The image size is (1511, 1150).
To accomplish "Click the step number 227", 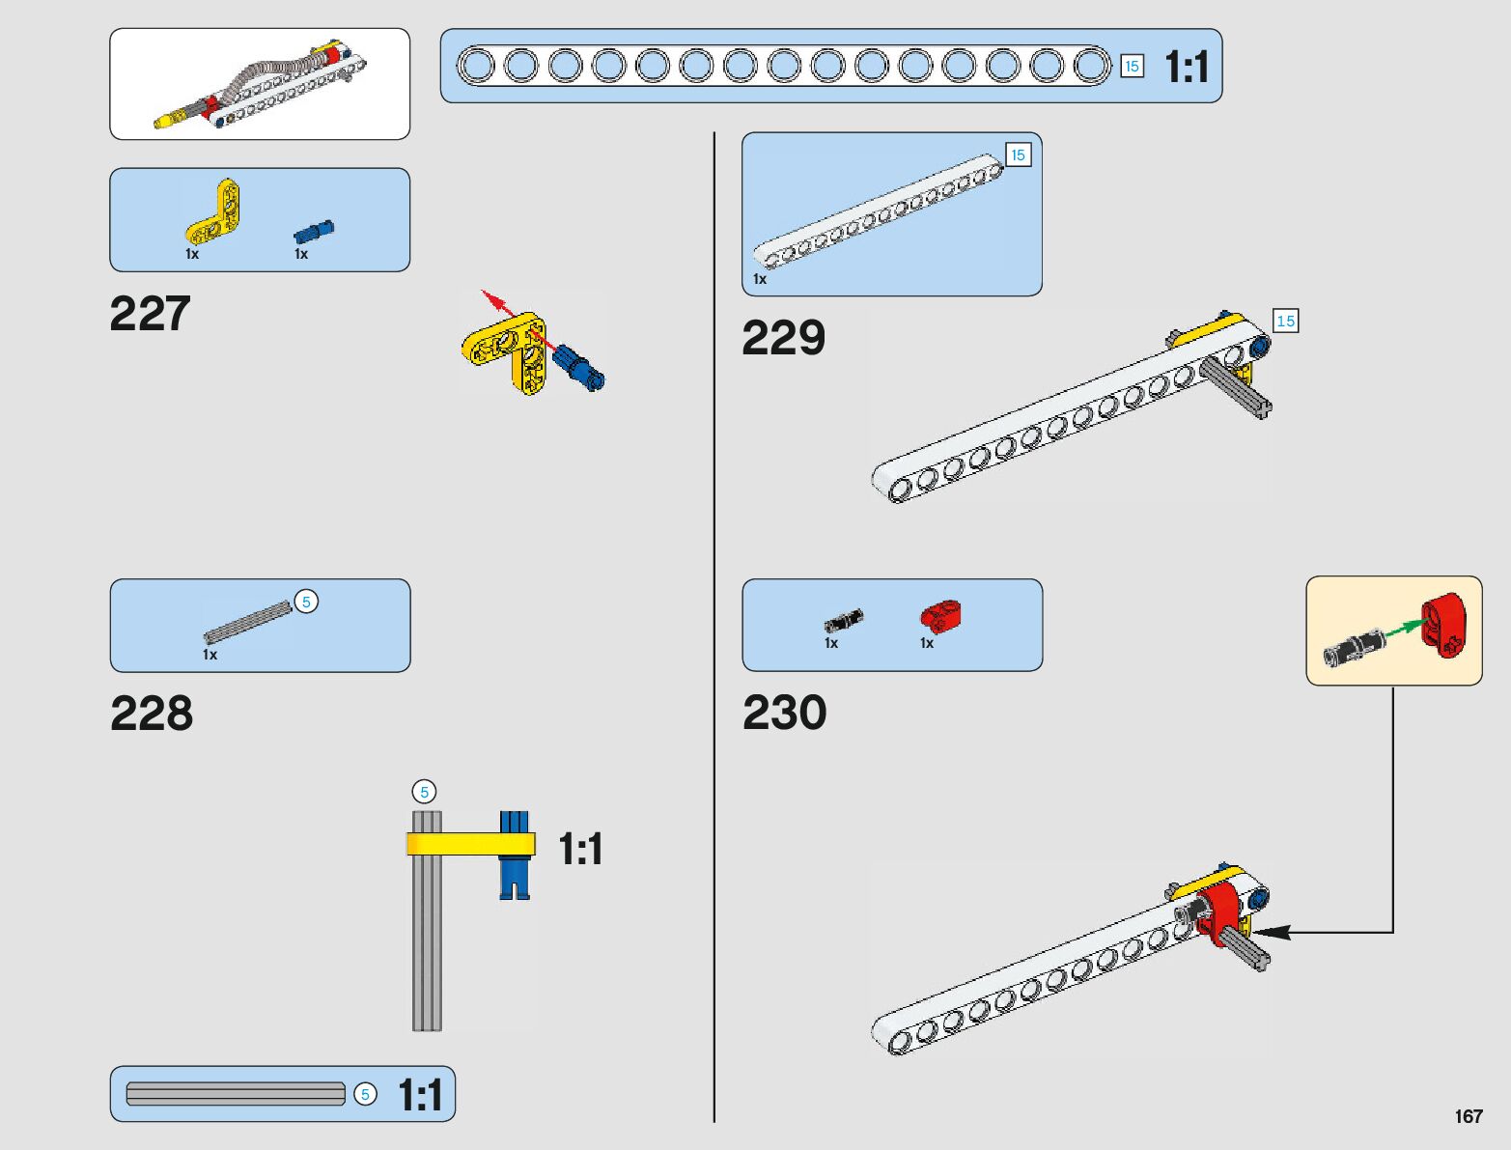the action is point(150,314).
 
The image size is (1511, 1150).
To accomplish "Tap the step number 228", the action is point(152,714).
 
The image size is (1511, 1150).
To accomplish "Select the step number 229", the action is point(783,338).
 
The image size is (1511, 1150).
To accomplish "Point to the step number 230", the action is point(784,714).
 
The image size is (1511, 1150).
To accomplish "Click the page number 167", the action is point(1468,1116).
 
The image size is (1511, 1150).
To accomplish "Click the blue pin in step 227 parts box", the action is point(314,232).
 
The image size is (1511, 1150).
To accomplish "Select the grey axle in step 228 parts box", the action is point(247,623).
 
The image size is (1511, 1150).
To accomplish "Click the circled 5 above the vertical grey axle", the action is point(424,792).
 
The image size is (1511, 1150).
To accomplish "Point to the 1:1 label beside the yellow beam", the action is point(580,850).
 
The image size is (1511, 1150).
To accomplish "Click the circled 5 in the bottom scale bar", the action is point(365,1094).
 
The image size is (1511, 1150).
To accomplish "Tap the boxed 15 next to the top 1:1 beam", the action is point(1132,67).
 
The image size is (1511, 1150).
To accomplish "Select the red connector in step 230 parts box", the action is point(940,615).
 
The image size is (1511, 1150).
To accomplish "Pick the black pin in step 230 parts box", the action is point(843,619).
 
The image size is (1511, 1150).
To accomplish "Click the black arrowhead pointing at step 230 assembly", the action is point(1273,932).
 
